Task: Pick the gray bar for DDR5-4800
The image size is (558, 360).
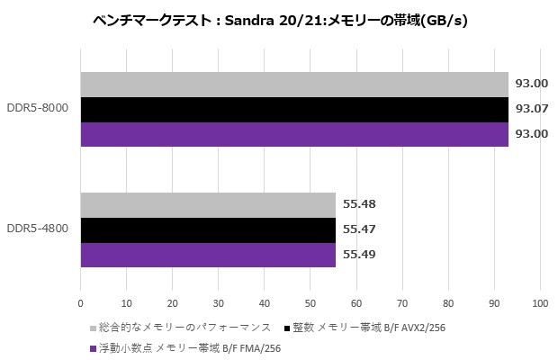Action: [x=208, y=205]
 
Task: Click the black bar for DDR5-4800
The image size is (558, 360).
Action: [x=208, y=230]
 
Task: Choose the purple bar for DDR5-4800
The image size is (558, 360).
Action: [x=208, y=255]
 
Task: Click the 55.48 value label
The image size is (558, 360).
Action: [x=359, y=205]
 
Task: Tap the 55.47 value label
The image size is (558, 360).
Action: [x=359, y=230]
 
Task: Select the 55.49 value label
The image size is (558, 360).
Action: [x=359, y=255]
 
